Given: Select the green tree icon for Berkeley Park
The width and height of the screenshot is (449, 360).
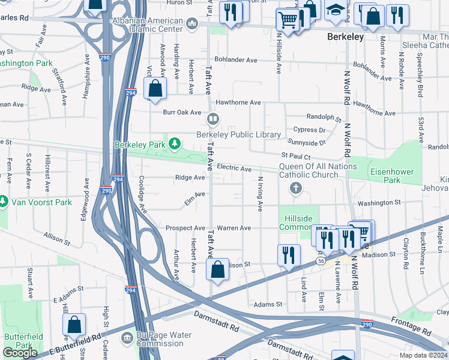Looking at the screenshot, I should tap(174, 144).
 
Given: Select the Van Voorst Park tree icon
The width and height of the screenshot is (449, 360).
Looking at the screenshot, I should tap(4, 200).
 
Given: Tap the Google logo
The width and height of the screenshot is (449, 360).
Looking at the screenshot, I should tap(20, 353).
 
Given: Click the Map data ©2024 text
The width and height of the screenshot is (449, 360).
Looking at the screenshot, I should tap(424, 355).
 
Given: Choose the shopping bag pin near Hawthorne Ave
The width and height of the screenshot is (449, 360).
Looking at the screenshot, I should tap(155, 89).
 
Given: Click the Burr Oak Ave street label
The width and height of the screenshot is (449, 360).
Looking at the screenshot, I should tap(183, 112).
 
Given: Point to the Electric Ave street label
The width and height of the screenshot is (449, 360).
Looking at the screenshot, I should tap(234, 169).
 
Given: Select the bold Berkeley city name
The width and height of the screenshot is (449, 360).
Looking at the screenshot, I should tap(345, 37).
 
